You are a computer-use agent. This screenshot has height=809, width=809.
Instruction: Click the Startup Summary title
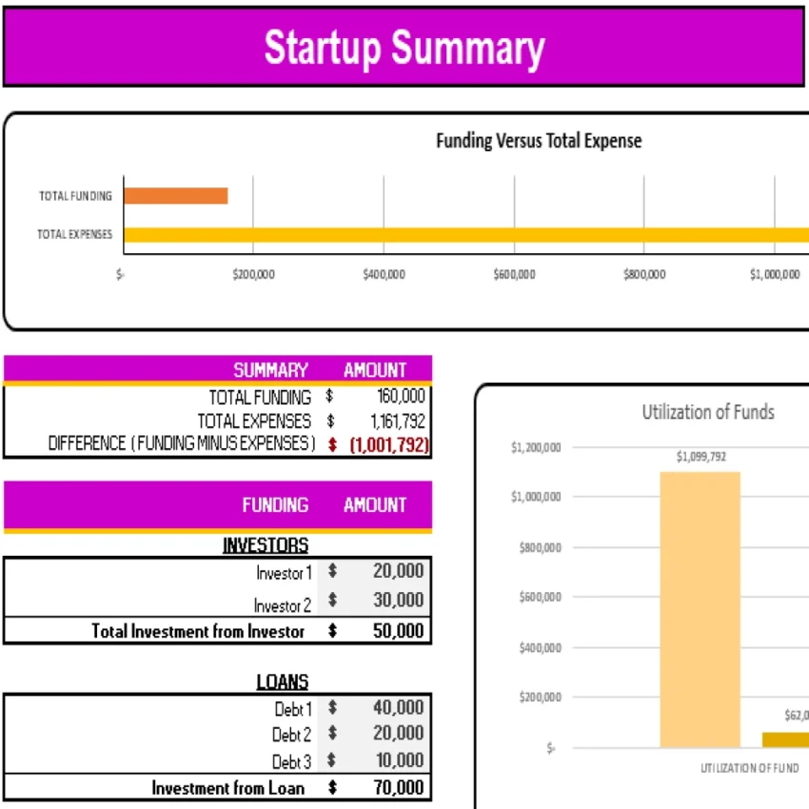coord(404,48)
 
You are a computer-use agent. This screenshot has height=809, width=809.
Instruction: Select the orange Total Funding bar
coord(175,196)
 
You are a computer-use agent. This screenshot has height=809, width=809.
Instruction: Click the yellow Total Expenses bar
coord(466,234)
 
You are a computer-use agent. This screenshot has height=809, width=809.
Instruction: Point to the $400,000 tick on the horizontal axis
coord(384,275)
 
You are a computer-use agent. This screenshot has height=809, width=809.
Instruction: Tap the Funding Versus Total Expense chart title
coord(539,142)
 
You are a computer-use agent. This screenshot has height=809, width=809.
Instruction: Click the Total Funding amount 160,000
coord(401,397)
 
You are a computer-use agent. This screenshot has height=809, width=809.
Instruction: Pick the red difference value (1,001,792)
coord(388,444)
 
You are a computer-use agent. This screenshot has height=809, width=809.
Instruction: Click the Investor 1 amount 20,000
coord(398,571)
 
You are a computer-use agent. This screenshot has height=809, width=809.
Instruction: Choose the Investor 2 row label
coord(282,605)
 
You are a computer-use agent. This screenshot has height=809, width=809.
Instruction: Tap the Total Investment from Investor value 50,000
coord(398,630)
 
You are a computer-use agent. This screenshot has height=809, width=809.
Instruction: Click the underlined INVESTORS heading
coord(266,545)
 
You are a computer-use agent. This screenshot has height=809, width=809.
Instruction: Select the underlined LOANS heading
coord(282,682)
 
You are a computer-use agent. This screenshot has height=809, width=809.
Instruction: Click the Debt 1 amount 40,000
coord(398,708)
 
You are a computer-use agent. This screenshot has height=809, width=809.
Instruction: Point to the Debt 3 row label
coord(291,761)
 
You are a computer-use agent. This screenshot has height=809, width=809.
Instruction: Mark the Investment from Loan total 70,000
coord(398,787)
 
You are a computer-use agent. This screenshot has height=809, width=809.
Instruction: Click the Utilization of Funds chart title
coord(707,412)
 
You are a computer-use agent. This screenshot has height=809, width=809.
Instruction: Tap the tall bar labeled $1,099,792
coord(700,609)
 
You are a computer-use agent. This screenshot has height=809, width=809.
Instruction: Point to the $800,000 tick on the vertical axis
coord(539,547)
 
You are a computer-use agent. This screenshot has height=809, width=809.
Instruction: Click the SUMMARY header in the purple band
coord(270,370)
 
